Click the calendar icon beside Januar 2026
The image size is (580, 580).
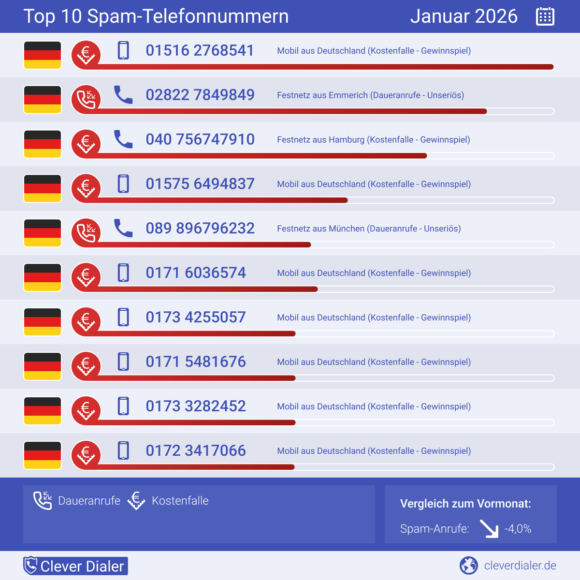coord(545,16)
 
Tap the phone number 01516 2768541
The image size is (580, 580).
coord(200,50)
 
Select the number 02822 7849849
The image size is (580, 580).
coord(200,95)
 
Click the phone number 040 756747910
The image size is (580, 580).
coord(200,139)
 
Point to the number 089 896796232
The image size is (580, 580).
coord(200,228)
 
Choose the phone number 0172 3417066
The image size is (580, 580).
coord(196,450)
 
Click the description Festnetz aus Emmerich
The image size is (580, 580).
coord(370,95)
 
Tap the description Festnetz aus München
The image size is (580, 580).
coord(369,229)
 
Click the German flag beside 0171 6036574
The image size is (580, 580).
coord(43,277)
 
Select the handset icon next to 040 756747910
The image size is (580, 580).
coord(123,139)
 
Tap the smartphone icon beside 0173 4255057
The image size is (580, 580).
coord(124,317)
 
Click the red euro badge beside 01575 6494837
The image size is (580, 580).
coord(86,188)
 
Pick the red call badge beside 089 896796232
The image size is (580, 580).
coord(86,233)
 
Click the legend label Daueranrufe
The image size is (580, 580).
coord(89,501)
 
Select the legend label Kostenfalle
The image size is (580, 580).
coord(180,501)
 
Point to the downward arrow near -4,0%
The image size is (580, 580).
coord(489,529)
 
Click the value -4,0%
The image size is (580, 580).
coord(518,529)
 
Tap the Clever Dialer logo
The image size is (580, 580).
coord(76,566)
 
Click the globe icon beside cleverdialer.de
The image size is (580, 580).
coord(468,565)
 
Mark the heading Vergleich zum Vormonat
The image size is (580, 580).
coord(465,504)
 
